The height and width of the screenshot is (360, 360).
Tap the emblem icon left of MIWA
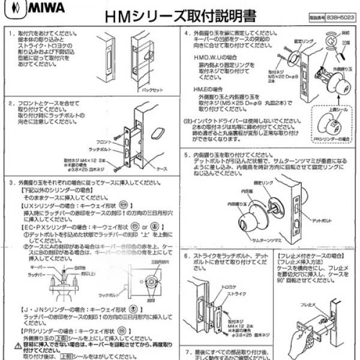point(11,11)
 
